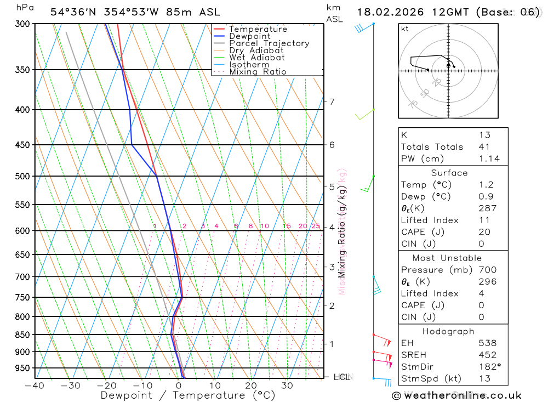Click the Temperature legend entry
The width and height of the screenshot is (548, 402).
point(258,29)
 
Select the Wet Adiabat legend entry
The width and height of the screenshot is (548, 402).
point(256,58)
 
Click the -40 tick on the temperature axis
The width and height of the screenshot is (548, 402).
point(35,386)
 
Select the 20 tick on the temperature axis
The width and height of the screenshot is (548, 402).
point(251,386)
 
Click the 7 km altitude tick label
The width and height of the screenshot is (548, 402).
point(332,101)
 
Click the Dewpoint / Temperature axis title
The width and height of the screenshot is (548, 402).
point(187,395)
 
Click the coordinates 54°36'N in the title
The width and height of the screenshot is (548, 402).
point(76,12)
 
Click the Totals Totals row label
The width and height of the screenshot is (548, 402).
point(432,147)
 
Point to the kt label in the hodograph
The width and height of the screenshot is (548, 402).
point(405,29)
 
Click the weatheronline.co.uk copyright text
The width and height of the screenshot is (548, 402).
point(456,395)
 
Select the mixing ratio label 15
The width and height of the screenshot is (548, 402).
point(287,227)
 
